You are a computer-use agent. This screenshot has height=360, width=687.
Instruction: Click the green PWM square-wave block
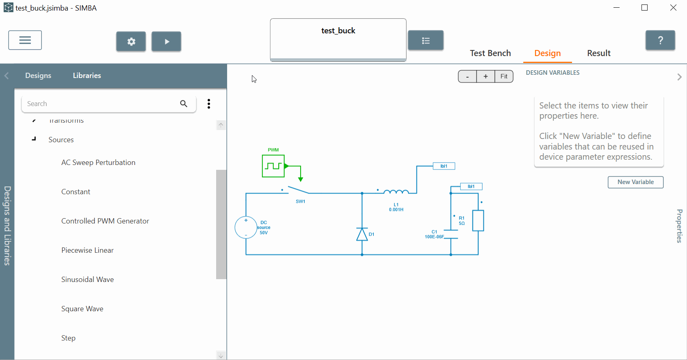coord(273,166)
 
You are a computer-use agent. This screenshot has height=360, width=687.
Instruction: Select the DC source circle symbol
coord(246,228)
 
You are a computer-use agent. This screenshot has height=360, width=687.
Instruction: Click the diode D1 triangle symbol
coord(362,234)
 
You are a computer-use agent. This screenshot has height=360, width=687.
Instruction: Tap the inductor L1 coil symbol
coord(396,192)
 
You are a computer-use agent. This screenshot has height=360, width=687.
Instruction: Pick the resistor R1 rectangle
coord(478,221)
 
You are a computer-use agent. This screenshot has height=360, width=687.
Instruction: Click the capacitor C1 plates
coord(451,234)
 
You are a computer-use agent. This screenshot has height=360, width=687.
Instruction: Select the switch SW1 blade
coord(298,190)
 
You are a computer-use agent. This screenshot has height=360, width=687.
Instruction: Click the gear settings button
coord(131,41)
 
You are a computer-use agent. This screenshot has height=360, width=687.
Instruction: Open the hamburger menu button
coord(25,40)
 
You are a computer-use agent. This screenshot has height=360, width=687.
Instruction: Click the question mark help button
coord(660,40)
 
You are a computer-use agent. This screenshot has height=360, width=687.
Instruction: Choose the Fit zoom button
coord(504,76)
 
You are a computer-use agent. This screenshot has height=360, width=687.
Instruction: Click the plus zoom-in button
coord(485,76)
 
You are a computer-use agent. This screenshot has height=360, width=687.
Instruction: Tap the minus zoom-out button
coord(468,76)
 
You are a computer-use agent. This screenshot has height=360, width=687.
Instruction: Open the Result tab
coord(598,53)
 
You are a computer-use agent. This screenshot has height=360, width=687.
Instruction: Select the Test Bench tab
coord(490,53)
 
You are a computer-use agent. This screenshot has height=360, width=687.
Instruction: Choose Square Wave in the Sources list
coord(82,309)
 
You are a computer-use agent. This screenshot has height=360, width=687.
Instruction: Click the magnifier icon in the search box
coord(184,104)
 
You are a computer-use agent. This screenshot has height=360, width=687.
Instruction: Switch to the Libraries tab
coord(87,76)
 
